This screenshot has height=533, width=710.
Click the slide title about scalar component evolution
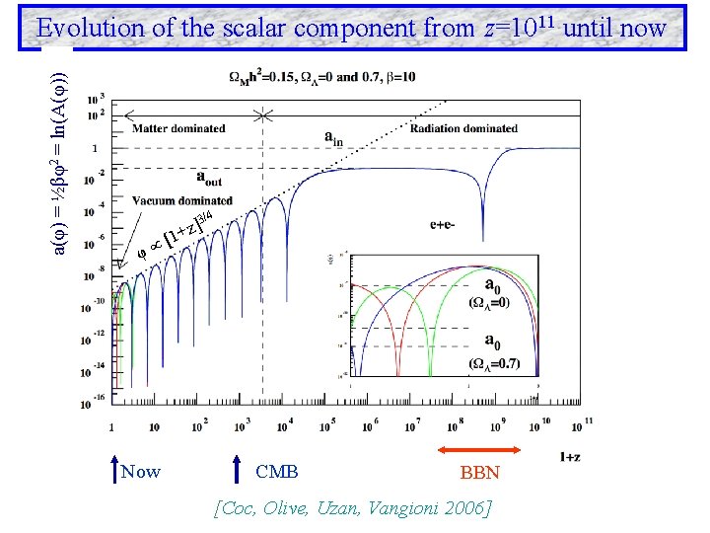coord(351,28)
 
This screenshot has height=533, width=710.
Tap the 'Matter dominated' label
coord(178,128)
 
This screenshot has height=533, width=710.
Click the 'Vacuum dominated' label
coord(180,201)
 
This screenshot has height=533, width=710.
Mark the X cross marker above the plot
coord(262,115)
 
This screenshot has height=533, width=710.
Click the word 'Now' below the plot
coord(140,472)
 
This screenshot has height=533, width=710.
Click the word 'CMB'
coord(276,472)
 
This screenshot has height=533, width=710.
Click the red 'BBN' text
coord(480,473)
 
